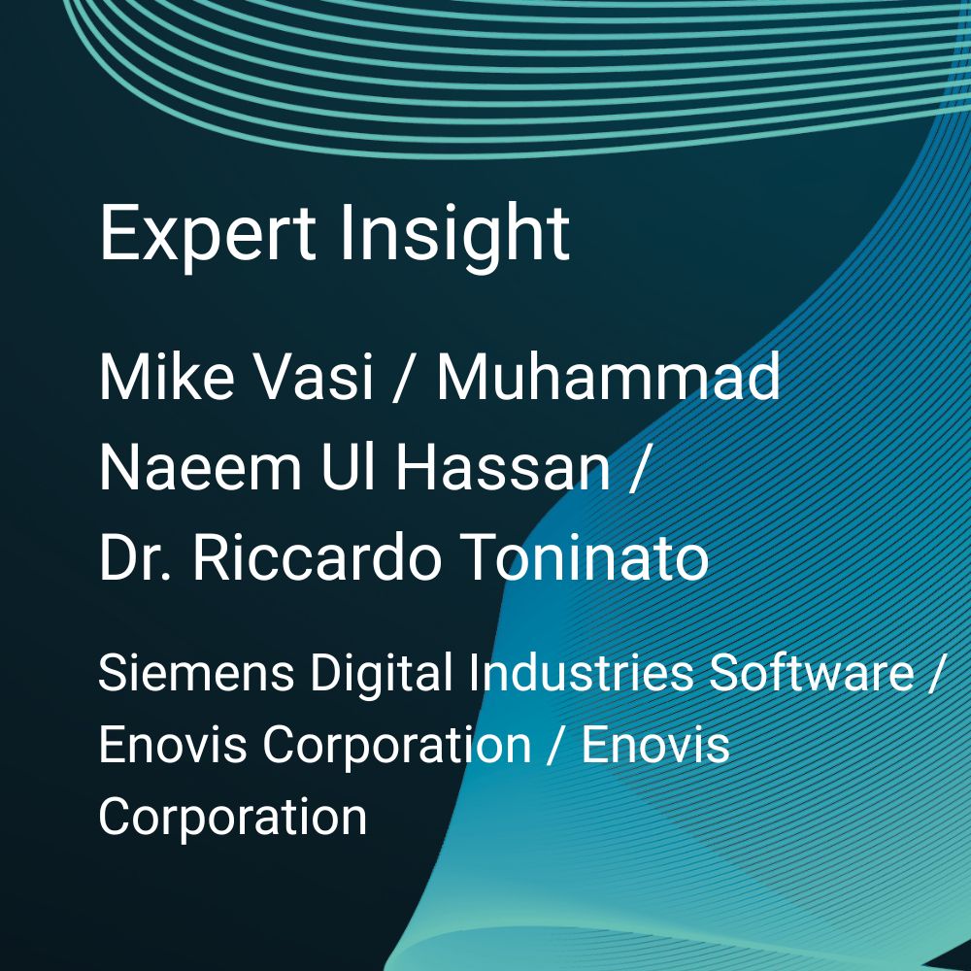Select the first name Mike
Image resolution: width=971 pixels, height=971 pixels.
point(167,377)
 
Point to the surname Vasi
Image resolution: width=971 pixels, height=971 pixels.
point(315,377)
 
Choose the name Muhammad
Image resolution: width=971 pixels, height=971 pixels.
point(609,377)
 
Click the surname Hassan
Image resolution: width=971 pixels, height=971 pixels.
point(503,466)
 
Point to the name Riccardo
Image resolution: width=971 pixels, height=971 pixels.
point(318,556)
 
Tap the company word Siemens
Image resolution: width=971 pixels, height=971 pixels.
point(196,673)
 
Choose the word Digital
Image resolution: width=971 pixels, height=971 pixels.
point(382,675)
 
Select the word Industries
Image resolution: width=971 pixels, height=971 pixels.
point(581,673)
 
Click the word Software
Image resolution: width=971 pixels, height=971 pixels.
point(811,673)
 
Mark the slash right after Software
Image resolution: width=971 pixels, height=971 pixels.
point(934,675)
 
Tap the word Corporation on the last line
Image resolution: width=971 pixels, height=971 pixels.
point(233,817)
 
